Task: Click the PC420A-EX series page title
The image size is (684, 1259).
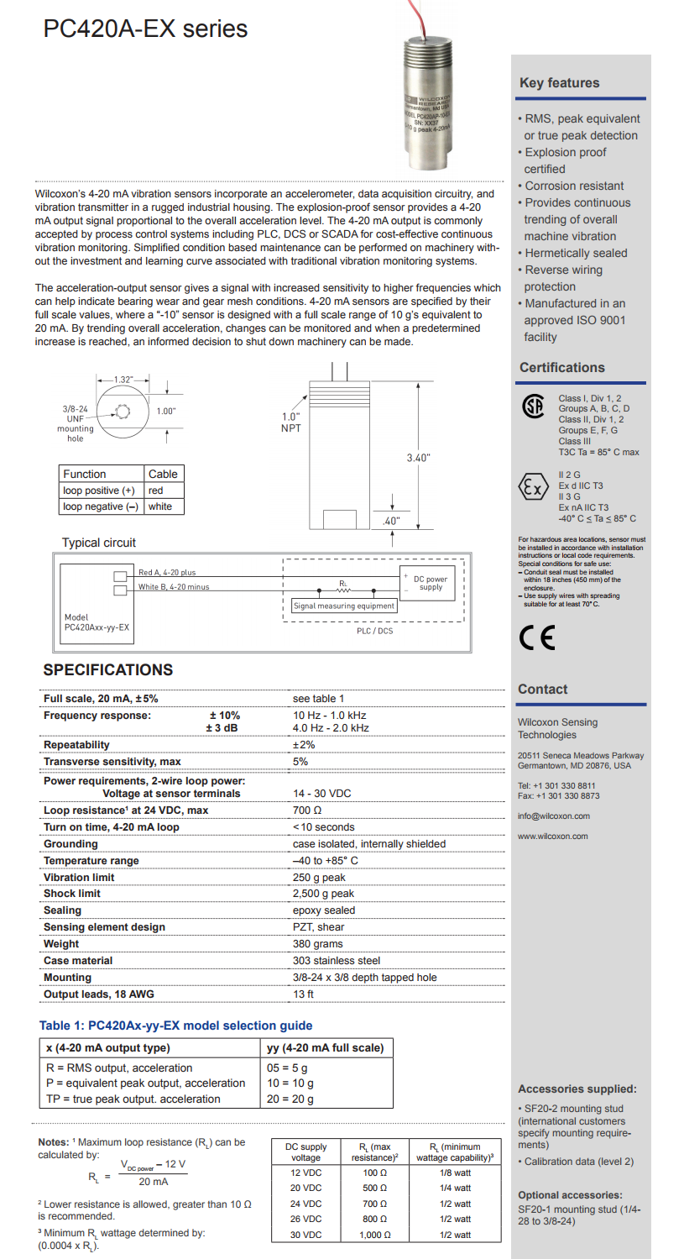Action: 145,29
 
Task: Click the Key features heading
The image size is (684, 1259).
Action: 559,83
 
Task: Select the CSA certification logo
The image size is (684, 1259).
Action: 533,407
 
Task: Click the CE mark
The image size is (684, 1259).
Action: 536,639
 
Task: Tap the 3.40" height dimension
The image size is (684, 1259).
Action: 418,458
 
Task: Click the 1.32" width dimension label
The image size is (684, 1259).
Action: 123,380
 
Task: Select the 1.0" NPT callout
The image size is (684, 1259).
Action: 290,422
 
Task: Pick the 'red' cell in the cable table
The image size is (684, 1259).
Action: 155,490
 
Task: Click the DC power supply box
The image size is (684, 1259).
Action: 430,583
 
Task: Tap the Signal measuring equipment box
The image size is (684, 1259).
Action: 343,606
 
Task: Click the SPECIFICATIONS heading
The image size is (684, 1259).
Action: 107,670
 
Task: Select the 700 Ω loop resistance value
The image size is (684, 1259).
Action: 307,810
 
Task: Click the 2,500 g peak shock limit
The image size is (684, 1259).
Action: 323,894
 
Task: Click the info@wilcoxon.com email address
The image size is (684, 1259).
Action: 554,816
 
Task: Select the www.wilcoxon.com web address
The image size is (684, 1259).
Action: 552,836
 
